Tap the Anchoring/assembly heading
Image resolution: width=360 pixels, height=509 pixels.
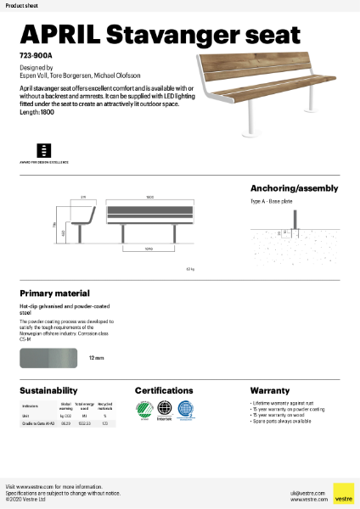[x=294, y=188]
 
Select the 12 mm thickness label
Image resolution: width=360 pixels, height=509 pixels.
[x=97, y=359]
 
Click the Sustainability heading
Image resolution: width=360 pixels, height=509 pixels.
[x=49, y=390]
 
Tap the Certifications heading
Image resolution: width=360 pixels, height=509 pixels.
[x=170, y=390]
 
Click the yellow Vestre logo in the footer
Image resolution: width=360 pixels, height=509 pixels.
[x=343, y=493]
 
